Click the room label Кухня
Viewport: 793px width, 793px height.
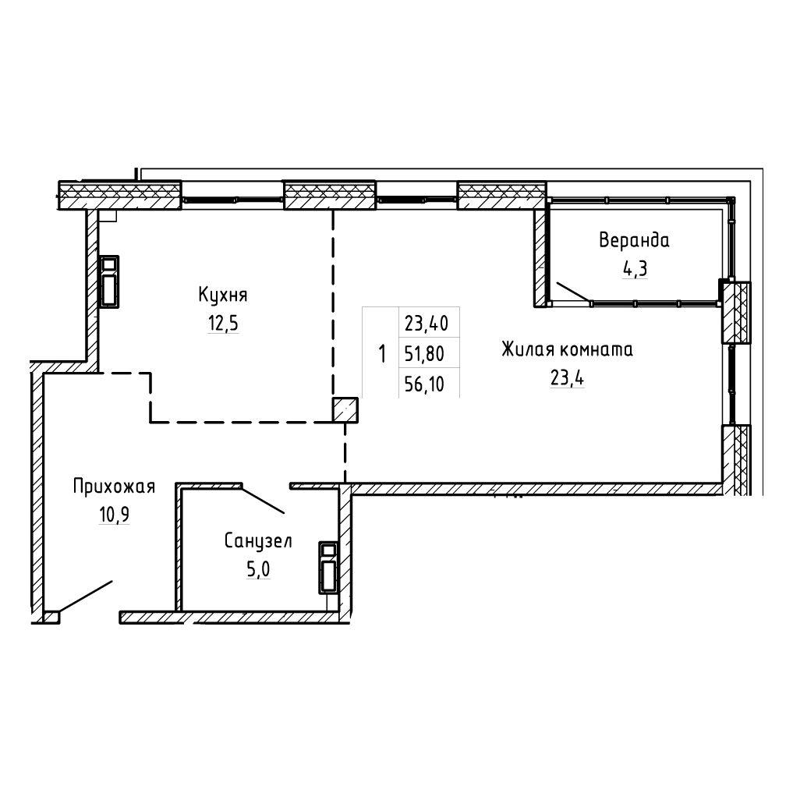coord(222,295)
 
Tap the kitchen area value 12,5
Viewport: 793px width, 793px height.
coord(223,323)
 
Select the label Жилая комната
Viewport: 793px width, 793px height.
coord(567,349)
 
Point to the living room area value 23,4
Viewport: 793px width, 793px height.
coord(567,377)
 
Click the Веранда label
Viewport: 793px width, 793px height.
coord(634,239)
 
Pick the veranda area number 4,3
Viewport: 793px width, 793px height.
coord(635,268)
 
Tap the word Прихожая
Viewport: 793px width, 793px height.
coord(114,487)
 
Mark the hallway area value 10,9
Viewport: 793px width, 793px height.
coord(115,515)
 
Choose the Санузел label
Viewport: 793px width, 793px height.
coord(258,541)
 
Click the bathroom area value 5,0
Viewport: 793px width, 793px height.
coord(258,569)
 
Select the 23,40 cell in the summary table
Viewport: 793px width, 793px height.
coord(427,323)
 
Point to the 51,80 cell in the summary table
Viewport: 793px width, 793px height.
coord(424,353)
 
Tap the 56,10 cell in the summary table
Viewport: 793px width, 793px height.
coord(424,384)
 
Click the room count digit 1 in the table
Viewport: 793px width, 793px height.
coord(382,353)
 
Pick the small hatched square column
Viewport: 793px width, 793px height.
coord(345,409)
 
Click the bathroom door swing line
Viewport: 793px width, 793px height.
coord(263,500)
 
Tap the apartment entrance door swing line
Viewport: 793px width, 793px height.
coord(84,597)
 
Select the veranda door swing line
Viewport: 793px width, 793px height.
coord(573,292)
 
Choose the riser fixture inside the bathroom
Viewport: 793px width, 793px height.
coord(328,568)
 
